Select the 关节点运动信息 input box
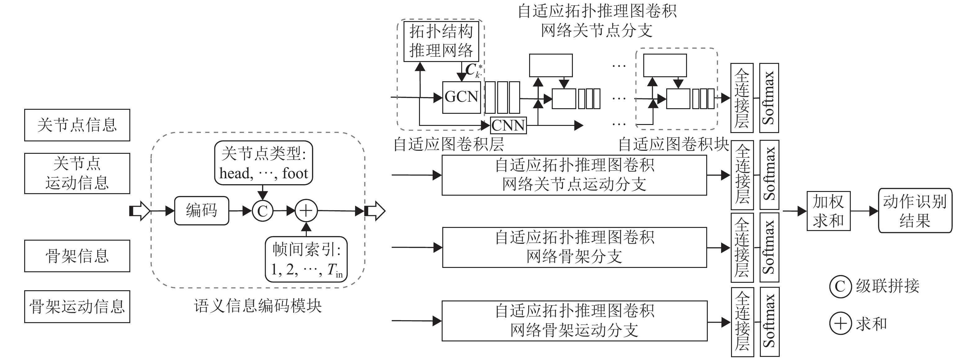[77, 173]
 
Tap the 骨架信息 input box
[77, 256]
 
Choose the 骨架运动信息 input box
[77, 307]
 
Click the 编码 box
[201, 211]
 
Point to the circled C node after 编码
[262, 211]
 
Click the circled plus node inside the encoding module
[306, 211]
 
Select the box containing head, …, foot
[264, 163]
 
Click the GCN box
[461, 97]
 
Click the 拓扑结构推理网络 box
[441, 41]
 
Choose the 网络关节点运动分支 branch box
[574, 175]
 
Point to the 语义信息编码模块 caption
[258, 306]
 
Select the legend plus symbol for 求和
[841, 324]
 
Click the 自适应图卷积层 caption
[449, 144]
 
